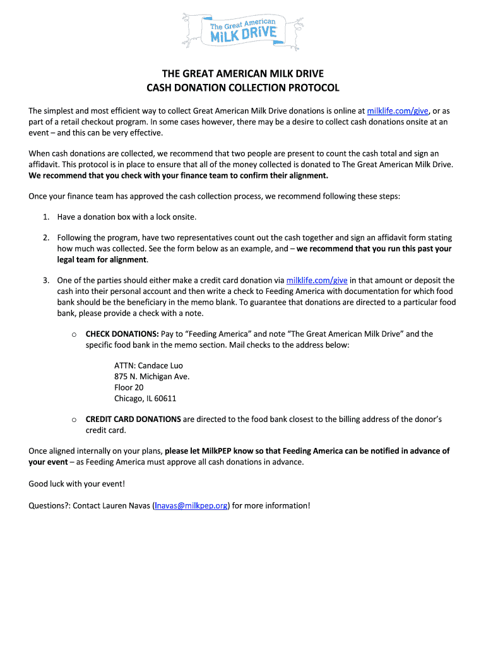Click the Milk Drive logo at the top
243,30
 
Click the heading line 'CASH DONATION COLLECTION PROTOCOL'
243,88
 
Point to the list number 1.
46,217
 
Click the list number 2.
46,238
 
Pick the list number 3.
46,280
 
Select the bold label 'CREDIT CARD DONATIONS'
133,419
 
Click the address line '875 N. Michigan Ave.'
151,377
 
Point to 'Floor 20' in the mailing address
129,387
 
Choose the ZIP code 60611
164,399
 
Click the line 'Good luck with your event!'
77,484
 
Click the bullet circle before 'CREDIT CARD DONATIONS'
74,420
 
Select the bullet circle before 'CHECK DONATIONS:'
74,334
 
